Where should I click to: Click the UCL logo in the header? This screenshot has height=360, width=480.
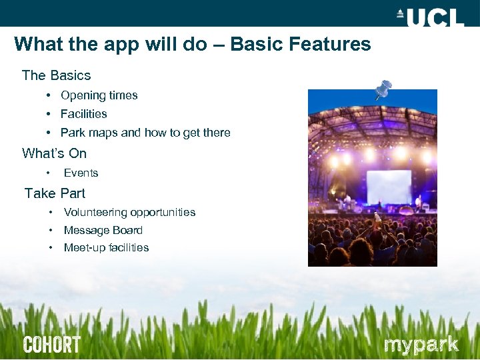click(429, 16)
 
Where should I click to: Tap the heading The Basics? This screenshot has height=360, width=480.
click(56, 75)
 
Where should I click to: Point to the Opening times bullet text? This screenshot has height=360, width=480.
click(99, 95)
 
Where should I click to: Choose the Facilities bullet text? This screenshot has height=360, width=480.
click(83, 114)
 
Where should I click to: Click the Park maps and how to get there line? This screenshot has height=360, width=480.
click(145, 133)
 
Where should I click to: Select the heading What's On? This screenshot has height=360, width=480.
click(54, 153)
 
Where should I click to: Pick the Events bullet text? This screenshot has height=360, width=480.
click(81, 173)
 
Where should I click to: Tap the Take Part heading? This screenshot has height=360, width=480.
click(55, 193)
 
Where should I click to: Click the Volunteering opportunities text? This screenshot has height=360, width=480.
click(129, 212)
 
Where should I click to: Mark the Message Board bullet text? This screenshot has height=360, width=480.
click(103, 230)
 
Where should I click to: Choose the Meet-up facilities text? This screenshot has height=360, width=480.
click(106, 247)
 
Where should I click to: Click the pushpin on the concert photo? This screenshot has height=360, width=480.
click(383, 89)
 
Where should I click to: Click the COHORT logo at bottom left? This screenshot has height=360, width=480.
click(51, 345)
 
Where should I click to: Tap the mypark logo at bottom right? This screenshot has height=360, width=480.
click(421, 345)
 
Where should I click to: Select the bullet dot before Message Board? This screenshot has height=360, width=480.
click(51, 230)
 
